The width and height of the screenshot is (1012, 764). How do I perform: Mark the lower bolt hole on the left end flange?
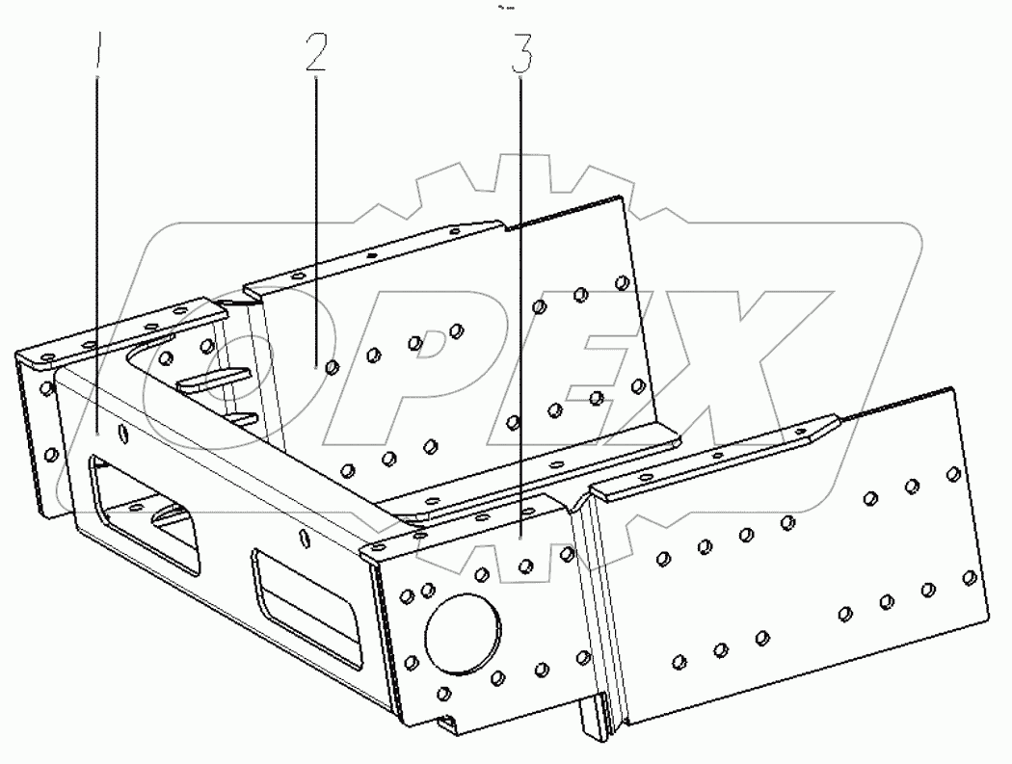click(x=51, y=452)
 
